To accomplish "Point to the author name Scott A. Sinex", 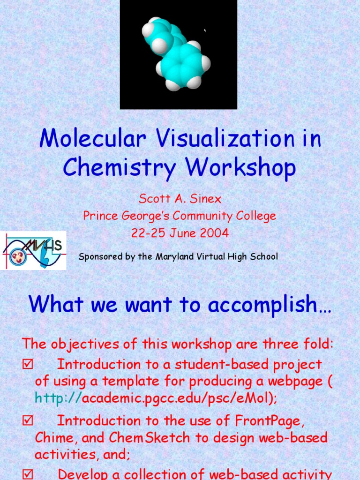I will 180,199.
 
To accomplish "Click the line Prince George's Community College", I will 180,216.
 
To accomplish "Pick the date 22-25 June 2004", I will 180,233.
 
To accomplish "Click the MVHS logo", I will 33,250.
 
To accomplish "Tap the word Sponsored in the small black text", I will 99,257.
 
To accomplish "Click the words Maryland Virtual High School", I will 227,256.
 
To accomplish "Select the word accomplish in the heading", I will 270,305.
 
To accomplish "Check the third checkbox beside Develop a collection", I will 27,474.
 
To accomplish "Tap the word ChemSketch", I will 150,438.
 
